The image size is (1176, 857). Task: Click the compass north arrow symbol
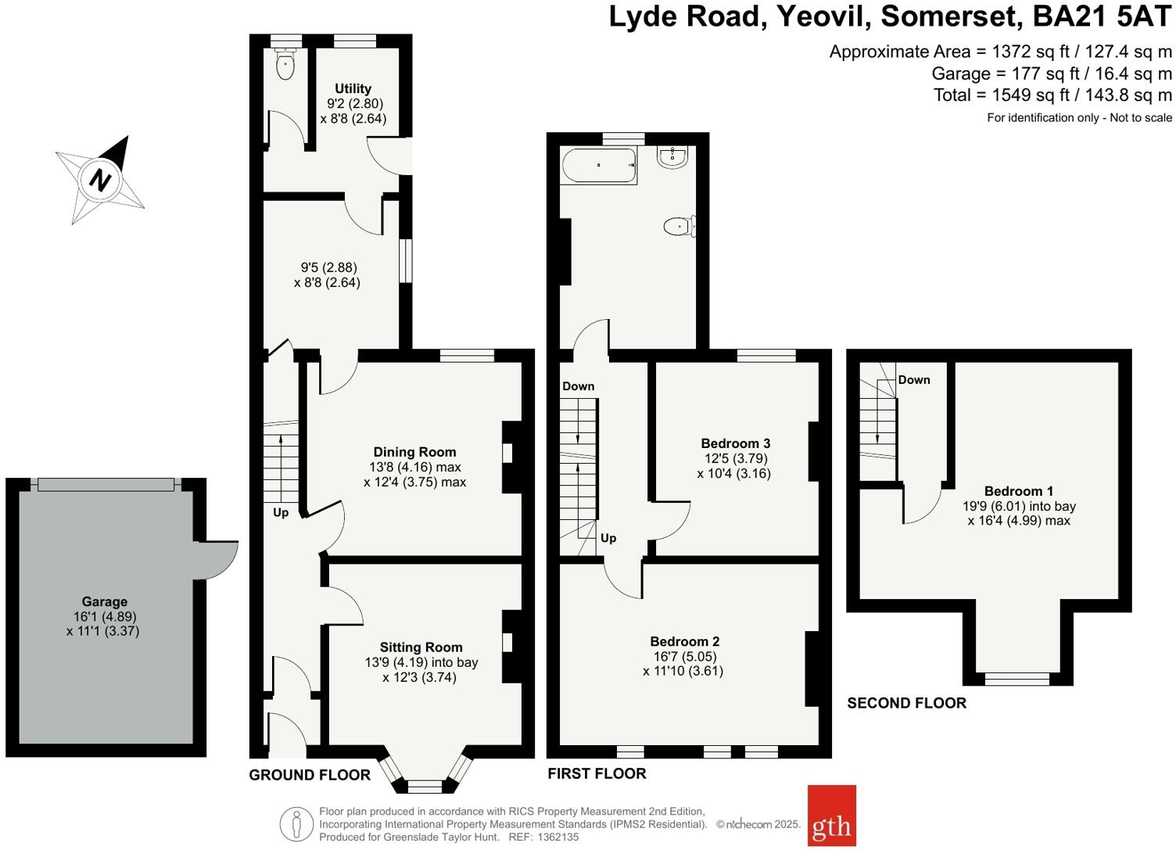point(100,179)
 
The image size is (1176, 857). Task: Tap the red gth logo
point(831,816)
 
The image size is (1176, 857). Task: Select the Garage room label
point(104,601)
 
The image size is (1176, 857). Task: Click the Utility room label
point(353,88)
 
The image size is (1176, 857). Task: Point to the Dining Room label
point(414,451)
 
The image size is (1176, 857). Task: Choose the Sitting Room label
point(421,647)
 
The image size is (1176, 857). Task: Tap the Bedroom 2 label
point(684,641)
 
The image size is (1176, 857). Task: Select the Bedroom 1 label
point(1018,491)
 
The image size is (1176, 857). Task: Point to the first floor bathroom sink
point(672,158)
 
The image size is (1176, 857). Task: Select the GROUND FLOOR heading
point(310,775)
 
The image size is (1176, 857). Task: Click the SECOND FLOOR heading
point(906,703)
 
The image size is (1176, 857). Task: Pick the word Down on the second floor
point(913,380)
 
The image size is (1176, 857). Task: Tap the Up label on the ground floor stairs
point(281,513)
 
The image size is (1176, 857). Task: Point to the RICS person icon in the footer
point(296,824)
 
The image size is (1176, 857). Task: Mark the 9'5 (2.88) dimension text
point(327,267)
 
